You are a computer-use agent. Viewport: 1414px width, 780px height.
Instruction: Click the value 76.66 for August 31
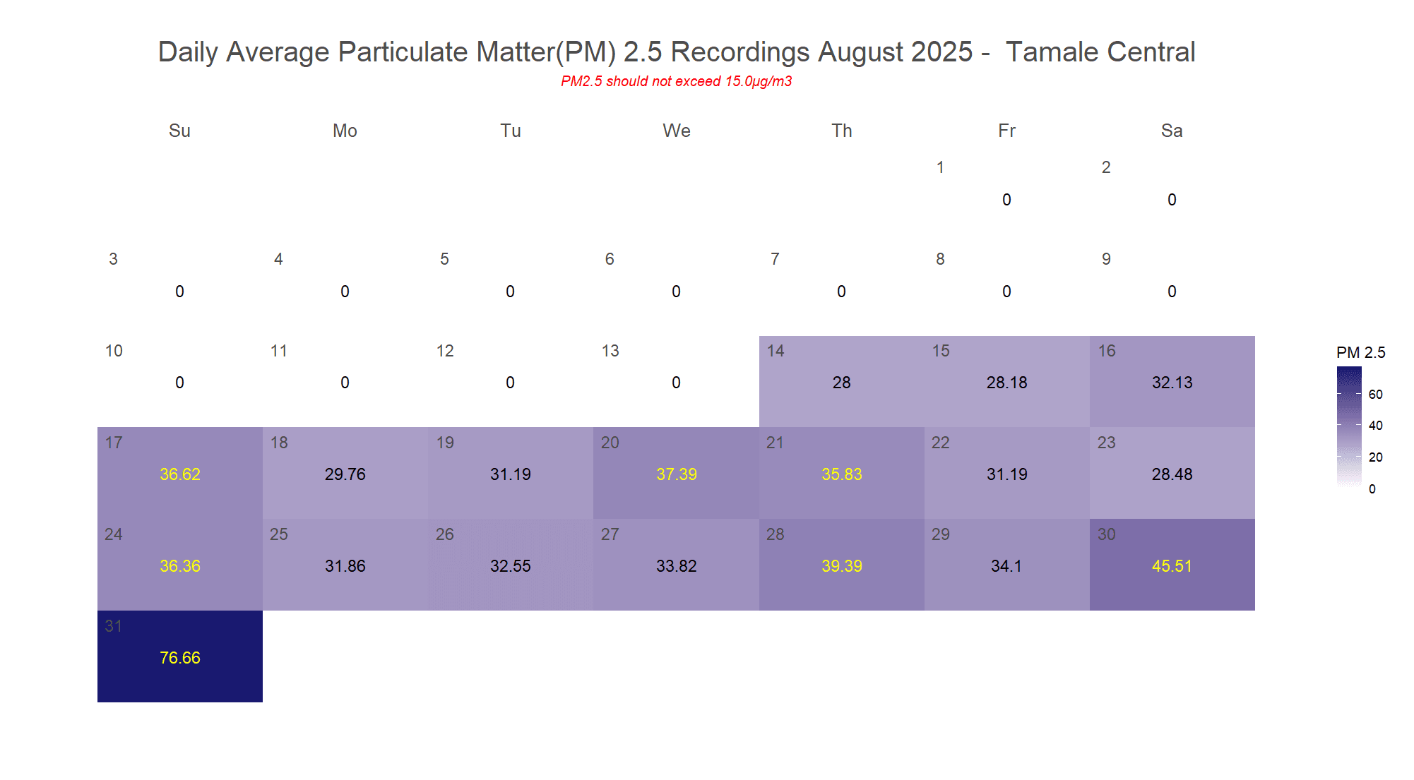click(x=180, y=658)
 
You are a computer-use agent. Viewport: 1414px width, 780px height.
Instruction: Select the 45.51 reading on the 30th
click(x=1172, y=566)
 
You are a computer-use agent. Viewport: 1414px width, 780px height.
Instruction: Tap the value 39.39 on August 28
click(x=841, y=566)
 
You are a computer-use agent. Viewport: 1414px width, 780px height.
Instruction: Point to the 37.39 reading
click(x=676, y=474)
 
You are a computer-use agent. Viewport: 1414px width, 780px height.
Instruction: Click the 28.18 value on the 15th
click(x=1006, y=383)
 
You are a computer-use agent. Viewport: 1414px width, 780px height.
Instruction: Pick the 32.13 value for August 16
click(x=1172, y=383)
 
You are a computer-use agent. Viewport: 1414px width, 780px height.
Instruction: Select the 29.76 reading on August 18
click(x=345, y=474)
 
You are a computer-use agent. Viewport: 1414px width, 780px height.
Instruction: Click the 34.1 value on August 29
click(x=1006, y=566)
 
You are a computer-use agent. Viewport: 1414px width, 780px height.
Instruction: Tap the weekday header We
click(x=676, y=131)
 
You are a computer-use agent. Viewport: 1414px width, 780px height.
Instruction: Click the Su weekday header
click(x=179, y=131)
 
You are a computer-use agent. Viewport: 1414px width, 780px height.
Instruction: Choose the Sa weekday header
click(x=1172, y=131)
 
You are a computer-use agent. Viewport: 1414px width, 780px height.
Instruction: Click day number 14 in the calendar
click(x=776, y=351)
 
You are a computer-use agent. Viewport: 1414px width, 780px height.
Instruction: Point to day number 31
click(x=113, y=626)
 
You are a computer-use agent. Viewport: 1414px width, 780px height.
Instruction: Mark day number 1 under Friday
click(x=940, y=167)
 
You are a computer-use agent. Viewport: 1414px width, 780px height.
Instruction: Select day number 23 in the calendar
click(x=1106, y=443)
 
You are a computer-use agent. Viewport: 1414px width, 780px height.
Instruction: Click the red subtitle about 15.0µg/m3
click(x=676, y=81)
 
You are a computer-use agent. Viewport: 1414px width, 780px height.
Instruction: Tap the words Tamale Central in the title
click(x=1100, y=52)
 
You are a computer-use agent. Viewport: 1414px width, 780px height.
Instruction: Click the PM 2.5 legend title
click(x=1360, y=352)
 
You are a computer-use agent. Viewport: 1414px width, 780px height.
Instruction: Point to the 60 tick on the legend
click(x=1375, y=395)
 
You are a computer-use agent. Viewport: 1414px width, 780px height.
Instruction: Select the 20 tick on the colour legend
click(x=1375, y=457)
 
